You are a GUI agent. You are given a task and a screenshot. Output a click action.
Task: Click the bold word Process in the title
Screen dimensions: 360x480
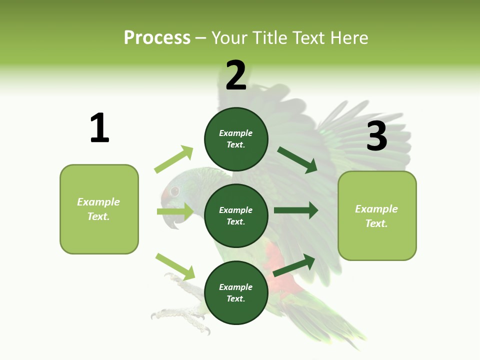coord(157,37)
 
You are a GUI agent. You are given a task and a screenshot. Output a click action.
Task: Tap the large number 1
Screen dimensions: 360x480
coord(99,128)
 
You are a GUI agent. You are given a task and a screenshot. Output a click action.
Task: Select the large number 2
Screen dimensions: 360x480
coord(236,75)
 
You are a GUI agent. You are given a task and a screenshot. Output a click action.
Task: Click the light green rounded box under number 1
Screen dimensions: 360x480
coord(99,209)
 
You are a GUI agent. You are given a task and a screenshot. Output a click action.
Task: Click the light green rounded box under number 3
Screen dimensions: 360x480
coord(377,215)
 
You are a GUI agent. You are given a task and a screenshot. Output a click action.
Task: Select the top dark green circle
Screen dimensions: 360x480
coord(236,139)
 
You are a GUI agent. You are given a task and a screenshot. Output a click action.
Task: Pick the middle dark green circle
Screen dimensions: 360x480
coord(236,215)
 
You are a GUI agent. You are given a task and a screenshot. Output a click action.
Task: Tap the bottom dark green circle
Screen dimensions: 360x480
coord(236,292)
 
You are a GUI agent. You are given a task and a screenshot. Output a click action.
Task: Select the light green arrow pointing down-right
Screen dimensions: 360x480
coord(175,266)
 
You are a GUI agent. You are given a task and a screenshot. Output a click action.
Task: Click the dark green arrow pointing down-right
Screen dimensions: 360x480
coord(297,160)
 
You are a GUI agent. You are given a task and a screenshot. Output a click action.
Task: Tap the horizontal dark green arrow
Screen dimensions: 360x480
coord(296,210)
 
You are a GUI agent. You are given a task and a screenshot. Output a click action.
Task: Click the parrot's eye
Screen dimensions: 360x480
coord(174,191)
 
